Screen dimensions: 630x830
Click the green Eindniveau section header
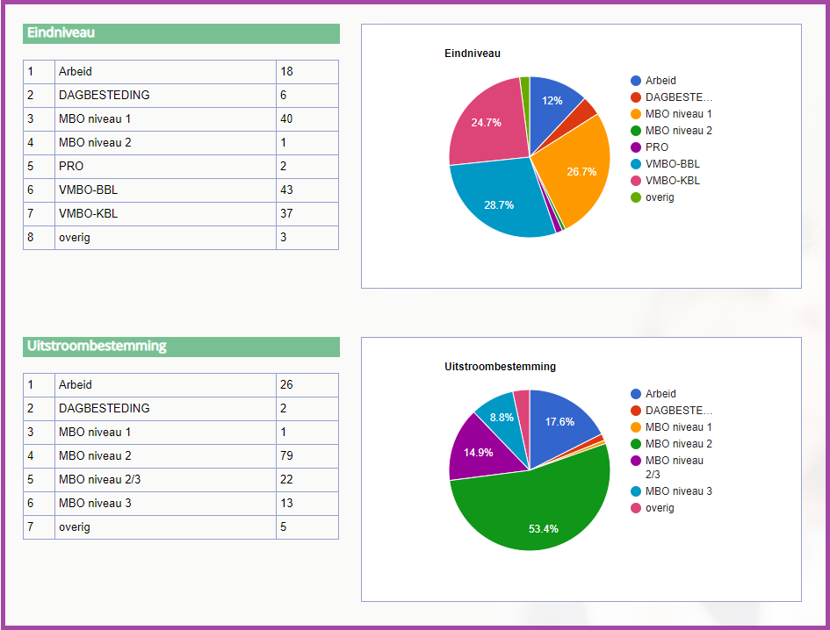tap(181, 33)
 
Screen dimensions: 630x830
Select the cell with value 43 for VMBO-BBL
tap(287, 190)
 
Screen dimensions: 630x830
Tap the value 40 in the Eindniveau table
tap(287, 118)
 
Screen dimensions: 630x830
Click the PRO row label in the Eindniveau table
tap(72, 166)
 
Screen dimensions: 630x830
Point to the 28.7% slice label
tap(499, 204)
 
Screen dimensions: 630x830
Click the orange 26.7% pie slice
tap(575, 167)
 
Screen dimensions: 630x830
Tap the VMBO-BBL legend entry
tap(672, 164)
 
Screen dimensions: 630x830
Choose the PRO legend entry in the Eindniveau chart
tap(656, 147)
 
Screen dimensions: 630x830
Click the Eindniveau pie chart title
tap(473, 54)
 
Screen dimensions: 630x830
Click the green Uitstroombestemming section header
tap(181, 347)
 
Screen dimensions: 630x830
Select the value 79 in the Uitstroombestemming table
tap(287, 455)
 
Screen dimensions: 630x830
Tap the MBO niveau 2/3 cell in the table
tap(100, 479)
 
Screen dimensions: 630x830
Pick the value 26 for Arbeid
tap(287, 384)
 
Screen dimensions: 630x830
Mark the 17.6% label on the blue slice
tap(559, 422)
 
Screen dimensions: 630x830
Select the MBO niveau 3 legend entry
tap(678, 491)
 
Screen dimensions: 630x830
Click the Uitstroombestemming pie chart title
tap(501, 367)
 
